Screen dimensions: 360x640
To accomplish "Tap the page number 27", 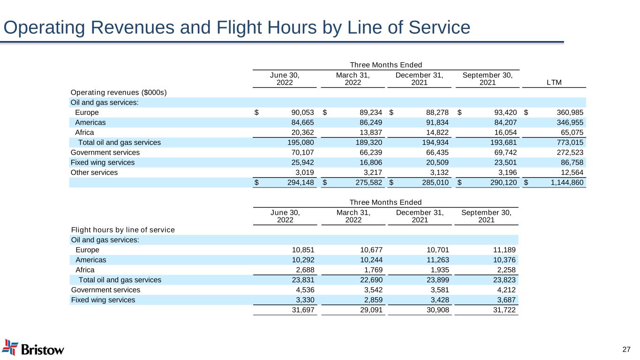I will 626,349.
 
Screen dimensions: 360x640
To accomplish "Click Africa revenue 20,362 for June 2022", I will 300,132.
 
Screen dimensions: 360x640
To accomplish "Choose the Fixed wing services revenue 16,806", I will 369,163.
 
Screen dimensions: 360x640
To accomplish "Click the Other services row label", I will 94,172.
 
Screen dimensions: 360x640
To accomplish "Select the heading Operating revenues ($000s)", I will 119,92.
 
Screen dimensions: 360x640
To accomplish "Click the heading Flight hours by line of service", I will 123,230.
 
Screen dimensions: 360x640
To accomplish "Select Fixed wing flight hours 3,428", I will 437,300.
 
